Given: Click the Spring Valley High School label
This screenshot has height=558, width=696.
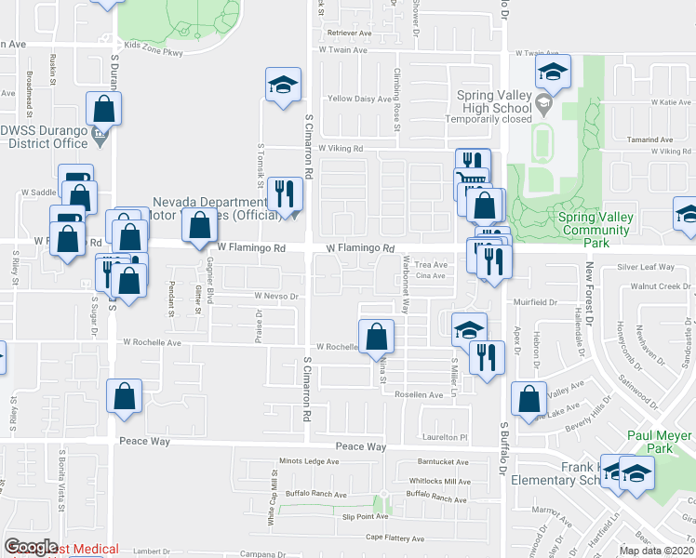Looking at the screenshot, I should tap(494, 101).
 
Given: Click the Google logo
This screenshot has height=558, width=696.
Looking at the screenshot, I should tap(31, 547).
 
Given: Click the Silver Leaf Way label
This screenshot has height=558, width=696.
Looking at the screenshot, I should tap(646, 267).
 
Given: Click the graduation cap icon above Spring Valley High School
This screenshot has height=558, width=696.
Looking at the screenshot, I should tap(552, 72).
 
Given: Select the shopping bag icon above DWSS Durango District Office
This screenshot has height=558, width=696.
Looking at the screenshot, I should tap(103, 108).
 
